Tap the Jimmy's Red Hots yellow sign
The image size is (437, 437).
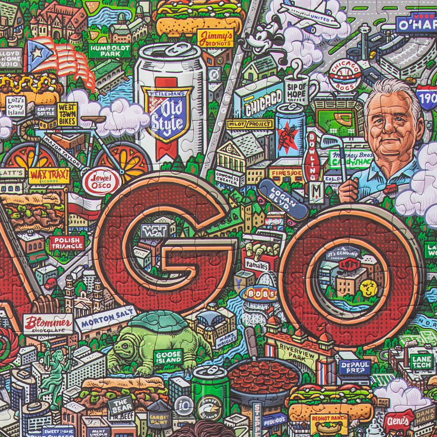(216, 38)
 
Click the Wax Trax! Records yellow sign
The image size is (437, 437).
(49, 176)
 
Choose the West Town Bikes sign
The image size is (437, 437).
(67, 114)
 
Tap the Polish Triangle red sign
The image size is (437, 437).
(67, 243)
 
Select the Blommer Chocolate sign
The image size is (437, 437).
(48, 323)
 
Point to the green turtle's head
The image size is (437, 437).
(123, 348)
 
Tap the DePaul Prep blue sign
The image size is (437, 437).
(355, 367)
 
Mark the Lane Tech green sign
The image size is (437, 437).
(422, 362)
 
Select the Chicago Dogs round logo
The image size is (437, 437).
(344, 76)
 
